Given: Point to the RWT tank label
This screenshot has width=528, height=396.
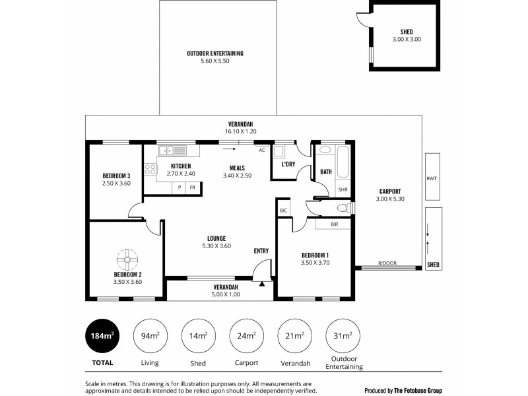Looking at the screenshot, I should click(432, 178).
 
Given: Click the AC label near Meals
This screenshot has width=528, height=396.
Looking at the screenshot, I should click(261, 150).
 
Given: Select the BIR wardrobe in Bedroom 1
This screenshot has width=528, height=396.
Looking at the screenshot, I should click(337, 224).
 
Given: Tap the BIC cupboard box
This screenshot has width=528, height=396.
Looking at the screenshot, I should click(283, 211).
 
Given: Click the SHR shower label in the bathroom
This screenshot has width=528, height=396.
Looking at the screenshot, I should click(343, 189).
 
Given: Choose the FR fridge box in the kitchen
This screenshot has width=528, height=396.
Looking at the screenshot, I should click(192, 188).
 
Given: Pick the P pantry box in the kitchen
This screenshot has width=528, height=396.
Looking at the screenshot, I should click(178, 188).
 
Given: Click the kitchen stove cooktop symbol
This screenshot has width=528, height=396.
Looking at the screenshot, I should click(150, 169).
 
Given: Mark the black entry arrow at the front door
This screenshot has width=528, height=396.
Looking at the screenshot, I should click(262, 284).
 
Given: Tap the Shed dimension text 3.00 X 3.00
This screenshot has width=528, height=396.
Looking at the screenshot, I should click(406, 40).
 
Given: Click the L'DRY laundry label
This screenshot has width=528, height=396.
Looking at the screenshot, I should click(288, 164).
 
